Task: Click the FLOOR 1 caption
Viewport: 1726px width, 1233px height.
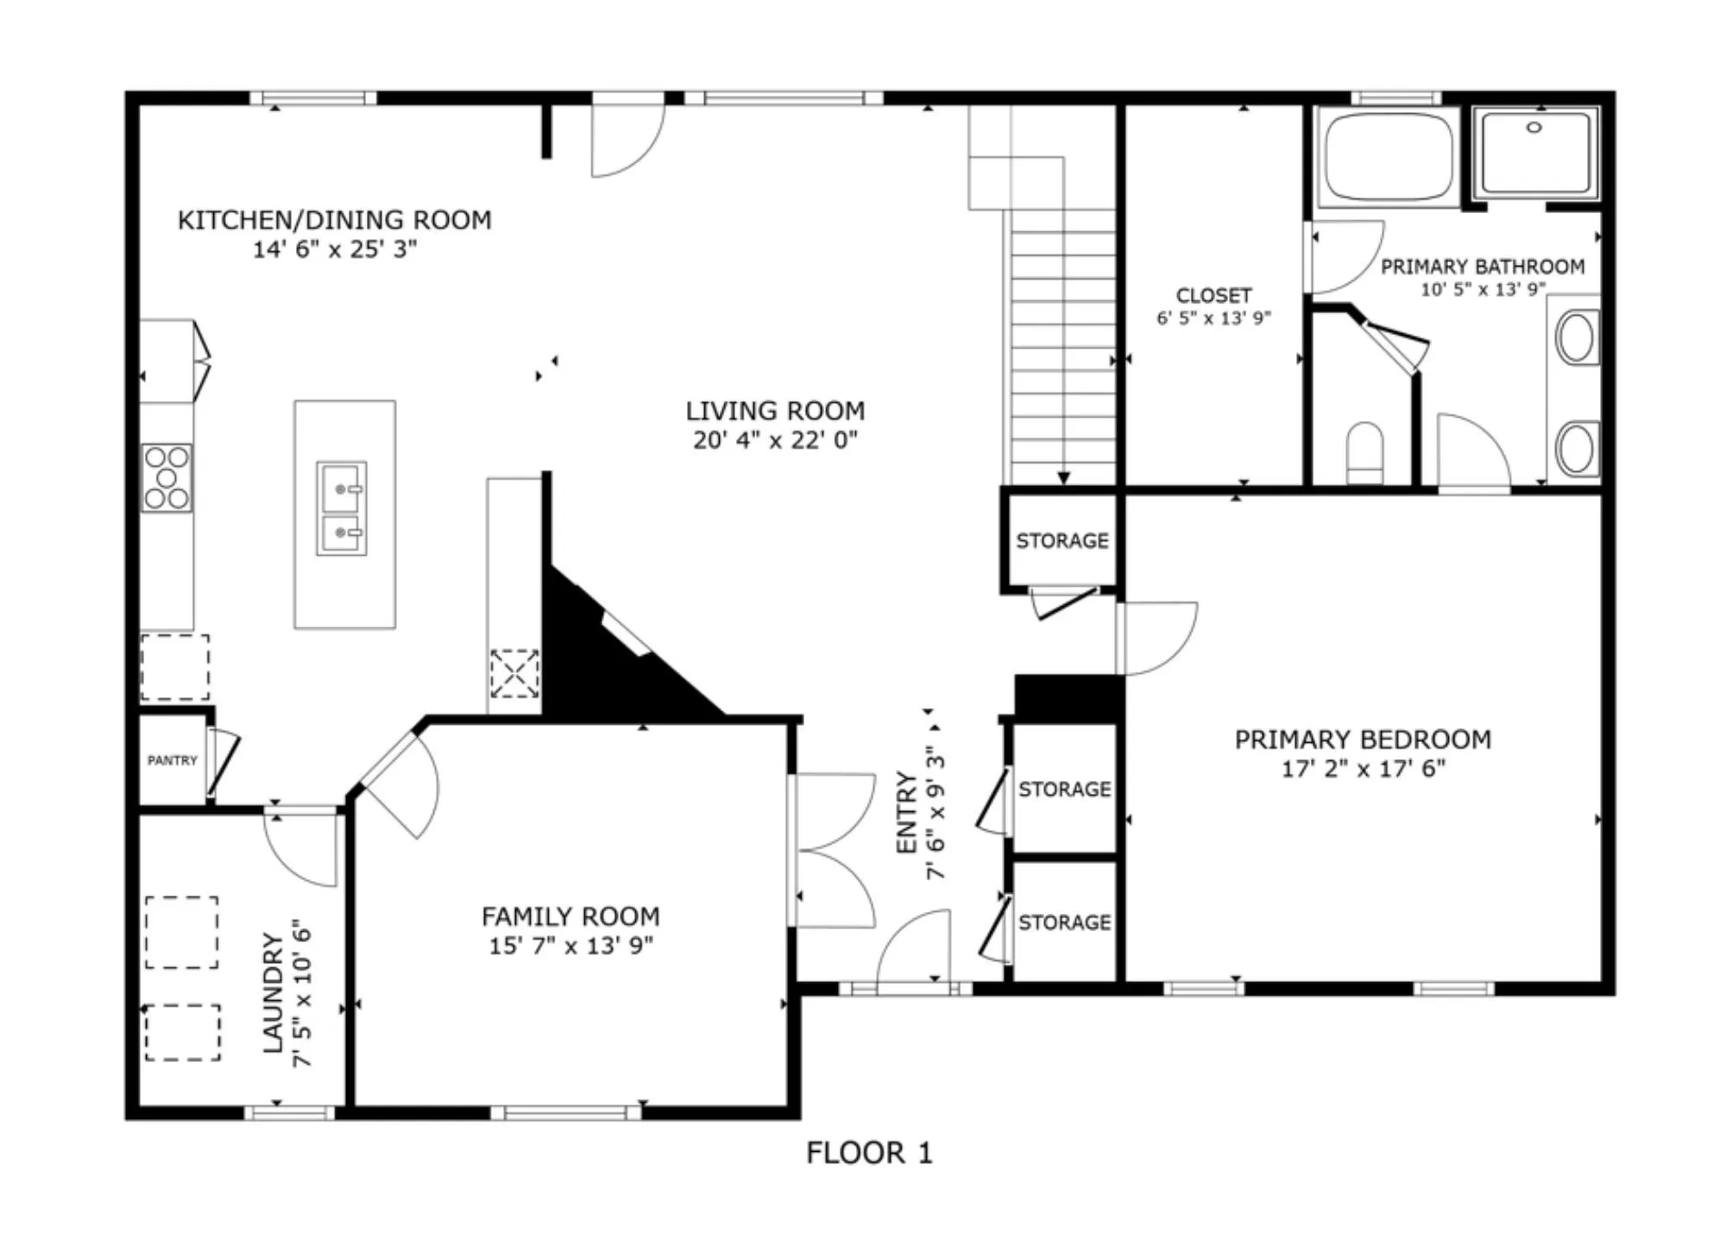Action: [869, 1153]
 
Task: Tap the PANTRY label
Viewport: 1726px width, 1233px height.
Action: [173, 760]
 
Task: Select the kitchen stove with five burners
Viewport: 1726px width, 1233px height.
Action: [167, 477]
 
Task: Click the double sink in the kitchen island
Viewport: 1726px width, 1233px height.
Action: [342, 508]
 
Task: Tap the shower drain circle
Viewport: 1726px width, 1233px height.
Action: [1534, 128]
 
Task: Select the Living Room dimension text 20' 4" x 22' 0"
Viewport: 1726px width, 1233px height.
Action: [775, 440]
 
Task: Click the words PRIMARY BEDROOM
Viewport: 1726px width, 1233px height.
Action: [1363, 739]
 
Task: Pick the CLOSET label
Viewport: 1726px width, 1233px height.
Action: [1213, 295]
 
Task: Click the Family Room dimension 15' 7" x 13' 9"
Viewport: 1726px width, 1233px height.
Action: [570, 945]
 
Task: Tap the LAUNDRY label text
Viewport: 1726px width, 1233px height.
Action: [273, 993]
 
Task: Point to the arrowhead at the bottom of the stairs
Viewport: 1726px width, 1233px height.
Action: [1063, 478]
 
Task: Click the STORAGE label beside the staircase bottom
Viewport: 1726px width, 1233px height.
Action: [1062, 541]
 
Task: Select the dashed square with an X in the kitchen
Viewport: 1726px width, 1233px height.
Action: [514, 674]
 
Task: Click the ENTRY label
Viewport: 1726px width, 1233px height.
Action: [906, 813]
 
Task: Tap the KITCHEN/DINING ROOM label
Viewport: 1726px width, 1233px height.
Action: [335, 220]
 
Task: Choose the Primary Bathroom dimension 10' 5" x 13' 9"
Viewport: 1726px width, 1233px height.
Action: [1483, 289]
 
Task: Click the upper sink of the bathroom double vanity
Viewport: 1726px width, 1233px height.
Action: [1576, 338]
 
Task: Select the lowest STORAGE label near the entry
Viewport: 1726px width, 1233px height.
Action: [1064, 922]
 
